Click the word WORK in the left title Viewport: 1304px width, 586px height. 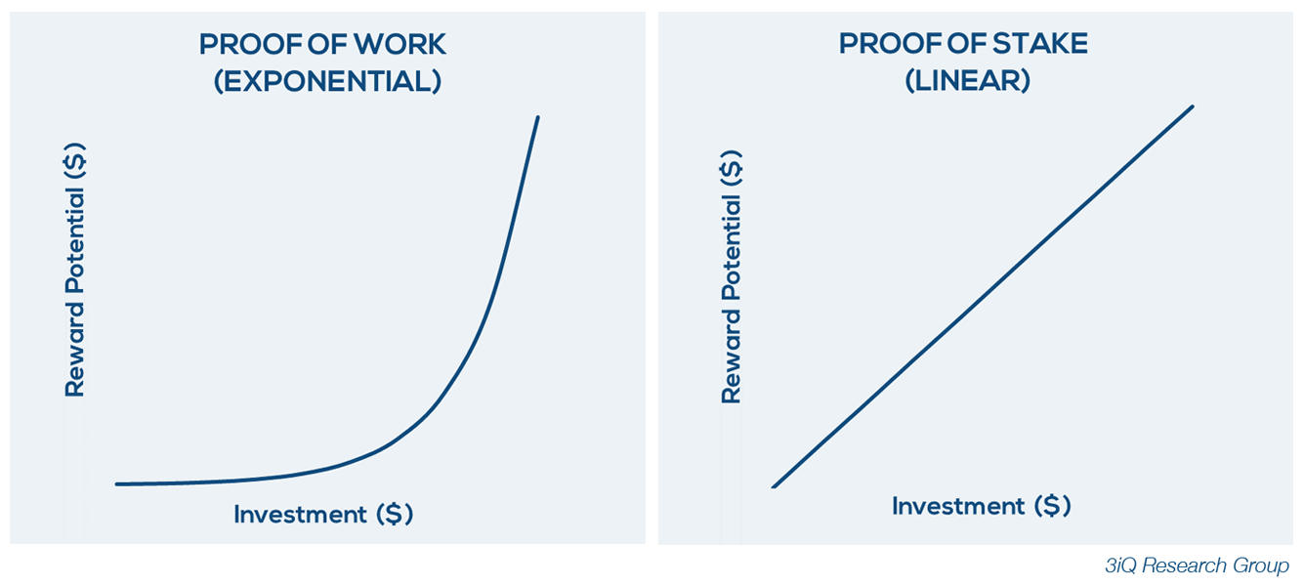click(400, 45)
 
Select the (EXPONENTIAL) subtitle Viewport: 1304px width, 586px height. click(328, 81)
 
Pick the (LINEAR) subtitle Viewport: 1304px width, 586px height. click(968, 80)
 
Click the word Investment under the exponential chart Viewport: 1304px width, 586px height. click(301, 515)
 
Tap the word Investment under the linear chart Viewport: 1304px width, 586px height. click(958, 506)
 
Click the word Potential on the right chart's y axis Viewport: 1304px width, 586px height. click(732, 247)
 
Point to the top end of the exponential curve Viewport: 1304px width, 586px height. click(537, 117)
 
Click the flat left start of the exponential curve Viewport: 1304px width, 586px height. click(117, 483)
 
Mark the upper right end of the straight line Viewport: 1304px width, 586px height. click(1193, 107)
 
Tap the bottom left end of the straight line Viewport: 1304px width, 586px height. click(774, 486)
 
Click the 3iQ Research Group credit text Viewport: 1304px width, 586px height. click(1197, 565)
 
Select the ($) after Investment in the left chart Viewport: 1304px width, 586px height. click(395, 515)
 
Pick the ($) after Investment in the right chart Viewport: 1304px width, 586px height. click(1053, 506)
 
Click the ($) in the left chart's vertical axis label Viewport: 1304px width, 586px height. click(75, 160)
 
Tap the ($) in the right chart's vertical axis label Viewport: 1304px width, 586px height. click(732, 168)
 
